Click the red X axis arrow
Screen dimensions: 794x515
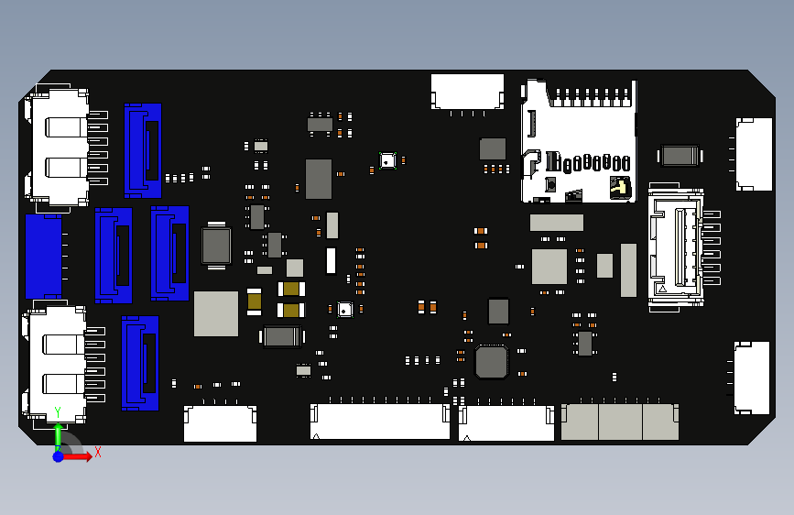(x=81, y=455)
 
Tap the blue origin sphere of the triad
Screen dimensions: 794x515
(x=58, y=456)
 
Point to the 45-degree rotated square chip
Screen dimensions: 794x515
(x=491, y=361)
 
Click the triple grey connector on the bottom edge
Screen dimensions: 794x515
(x=620, y=422)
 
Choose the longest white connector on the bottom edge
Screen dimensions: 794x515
(x=379, y=422)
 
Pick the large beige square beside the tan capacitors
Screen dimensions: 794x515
(x=216, y=313)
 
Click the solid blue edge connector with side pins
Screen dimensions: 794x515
(x=43, y=256)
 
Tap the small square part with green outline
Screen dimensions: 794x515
(x=388, y=161)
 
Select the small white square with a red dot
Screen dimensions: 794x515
(x=344, y=310)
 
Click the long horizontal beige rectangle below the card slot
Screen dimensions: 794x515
(x=556, y=223)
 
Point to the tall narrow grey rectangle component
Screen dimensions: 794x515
(x=628, y=269)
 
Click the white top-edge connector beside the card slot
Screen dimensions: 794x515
(x=467, y=92)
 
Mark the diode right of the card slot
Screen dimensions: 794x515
(x=680, y=155)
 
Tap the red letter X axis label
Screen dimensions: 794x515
(x=98, y=452)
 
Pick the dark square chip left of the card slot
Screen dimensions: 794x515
(x=493, y=148)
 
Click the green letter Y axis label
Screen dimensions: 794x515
(x=58, y=412)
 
